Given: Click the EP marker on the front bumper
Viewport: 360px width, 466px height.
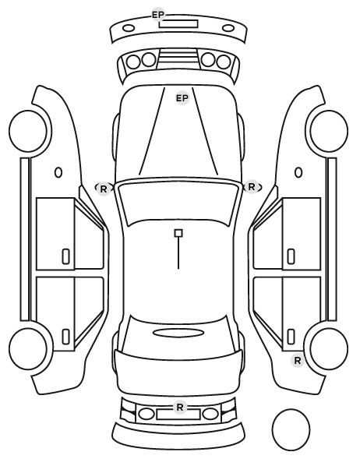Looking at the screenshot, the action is pyautogui.click(x=158, y=15).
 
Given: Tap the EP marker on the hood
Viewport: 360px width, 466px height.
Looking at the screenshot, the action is pyautogui.click(x=182, y=97).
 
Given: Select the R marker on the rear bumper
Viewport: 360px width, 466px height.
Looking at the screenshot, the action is pyautogui.click(x=179, y=407).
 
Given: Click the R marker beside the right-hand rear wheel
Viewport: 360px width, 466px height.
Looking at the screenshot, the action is pyautogui.click(x=298, y=361).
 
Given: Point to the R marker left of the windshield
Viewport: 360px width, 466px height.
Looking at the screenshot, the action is pyautogui.click(x=103, y=189).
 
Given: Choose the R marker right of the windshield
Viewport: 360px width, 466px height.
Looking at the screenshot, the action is pyautogui.click(x=252, y=187).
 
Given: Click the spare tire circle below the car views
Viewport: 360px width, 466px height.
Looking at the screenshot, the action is pyautogui.click(x=291, y=429).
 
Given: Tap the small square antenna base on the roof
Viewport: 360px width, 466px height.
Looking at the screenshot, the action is pyautogui.click(x=178, y=233).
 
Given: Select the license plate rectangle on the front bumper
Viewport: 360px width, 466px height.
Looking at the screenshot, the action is pyautogui.click(x=178, y=24).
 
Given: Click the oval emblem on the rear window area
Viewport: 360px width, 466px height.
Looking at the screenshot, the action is pyautogui.click(x=178, y=333).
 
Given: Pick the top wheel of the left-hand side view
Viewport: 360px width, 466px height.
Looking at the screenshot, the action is pyautogui.click(x=28, y=132).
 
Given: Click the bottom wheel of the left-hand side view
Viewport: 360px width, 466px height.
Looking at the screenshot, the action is pyautogui.click(x=28, y=348).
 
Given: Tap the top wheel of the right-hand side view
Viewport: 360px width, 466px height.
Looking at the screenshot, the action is pyautogui.click(x=329, y=132).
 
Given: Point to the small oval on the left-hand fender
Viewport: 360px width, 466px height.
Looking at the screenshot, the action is pyautogui.click(x=58, y=172).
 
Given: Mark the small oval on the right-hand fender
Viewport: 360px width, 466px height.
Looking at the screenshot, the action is pyautogui.click(x=298, y=172).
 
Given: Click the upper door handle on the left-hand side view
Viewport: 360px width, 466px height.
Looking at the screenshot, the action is pyautogui.click(x=65, y=256).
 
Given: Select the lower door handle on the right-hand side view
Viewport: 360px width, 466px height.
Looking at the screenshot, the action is pyautogui.click(x=291, y=337).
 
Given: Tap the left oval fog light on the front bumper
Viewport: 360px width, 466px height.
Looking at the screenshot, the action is pyautogui.click(x=129, y=28).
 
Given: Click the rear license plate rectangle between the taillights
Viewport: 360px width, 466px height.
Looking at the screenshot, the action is pyautogui.click(x=178, y=414).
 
